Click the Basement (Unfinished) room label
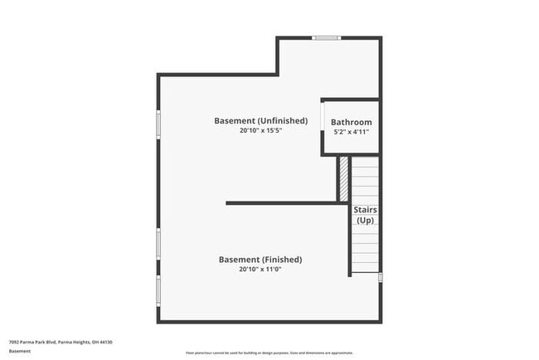(x=260, y=120)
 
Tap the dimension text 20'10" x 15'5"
(x=260, y=131)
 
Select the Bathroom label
(x=352, y=122)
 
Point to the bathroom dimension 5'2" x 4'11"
(x=352, y=132)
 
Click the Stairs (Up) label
(x=365, y=215)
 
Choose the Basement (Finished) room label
(x=260, y=260)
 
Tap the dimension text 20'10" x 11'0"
(x=260, y=270)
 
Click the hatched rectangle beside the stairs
(x=343, y=178)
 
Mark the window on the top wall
(x=327, y=37)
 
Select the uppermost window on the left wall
(x=158, y=124)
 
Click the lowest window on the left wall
(x=158, y=290)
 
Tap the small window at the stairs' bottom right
(x=381, y=277)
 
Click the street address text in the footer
(x=61, y=342)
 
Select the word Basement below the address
(x=20, y=351)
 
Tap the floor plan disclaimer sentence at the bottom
(x=269, y=352)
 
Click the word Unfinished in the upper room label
(x=283, y=120)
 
